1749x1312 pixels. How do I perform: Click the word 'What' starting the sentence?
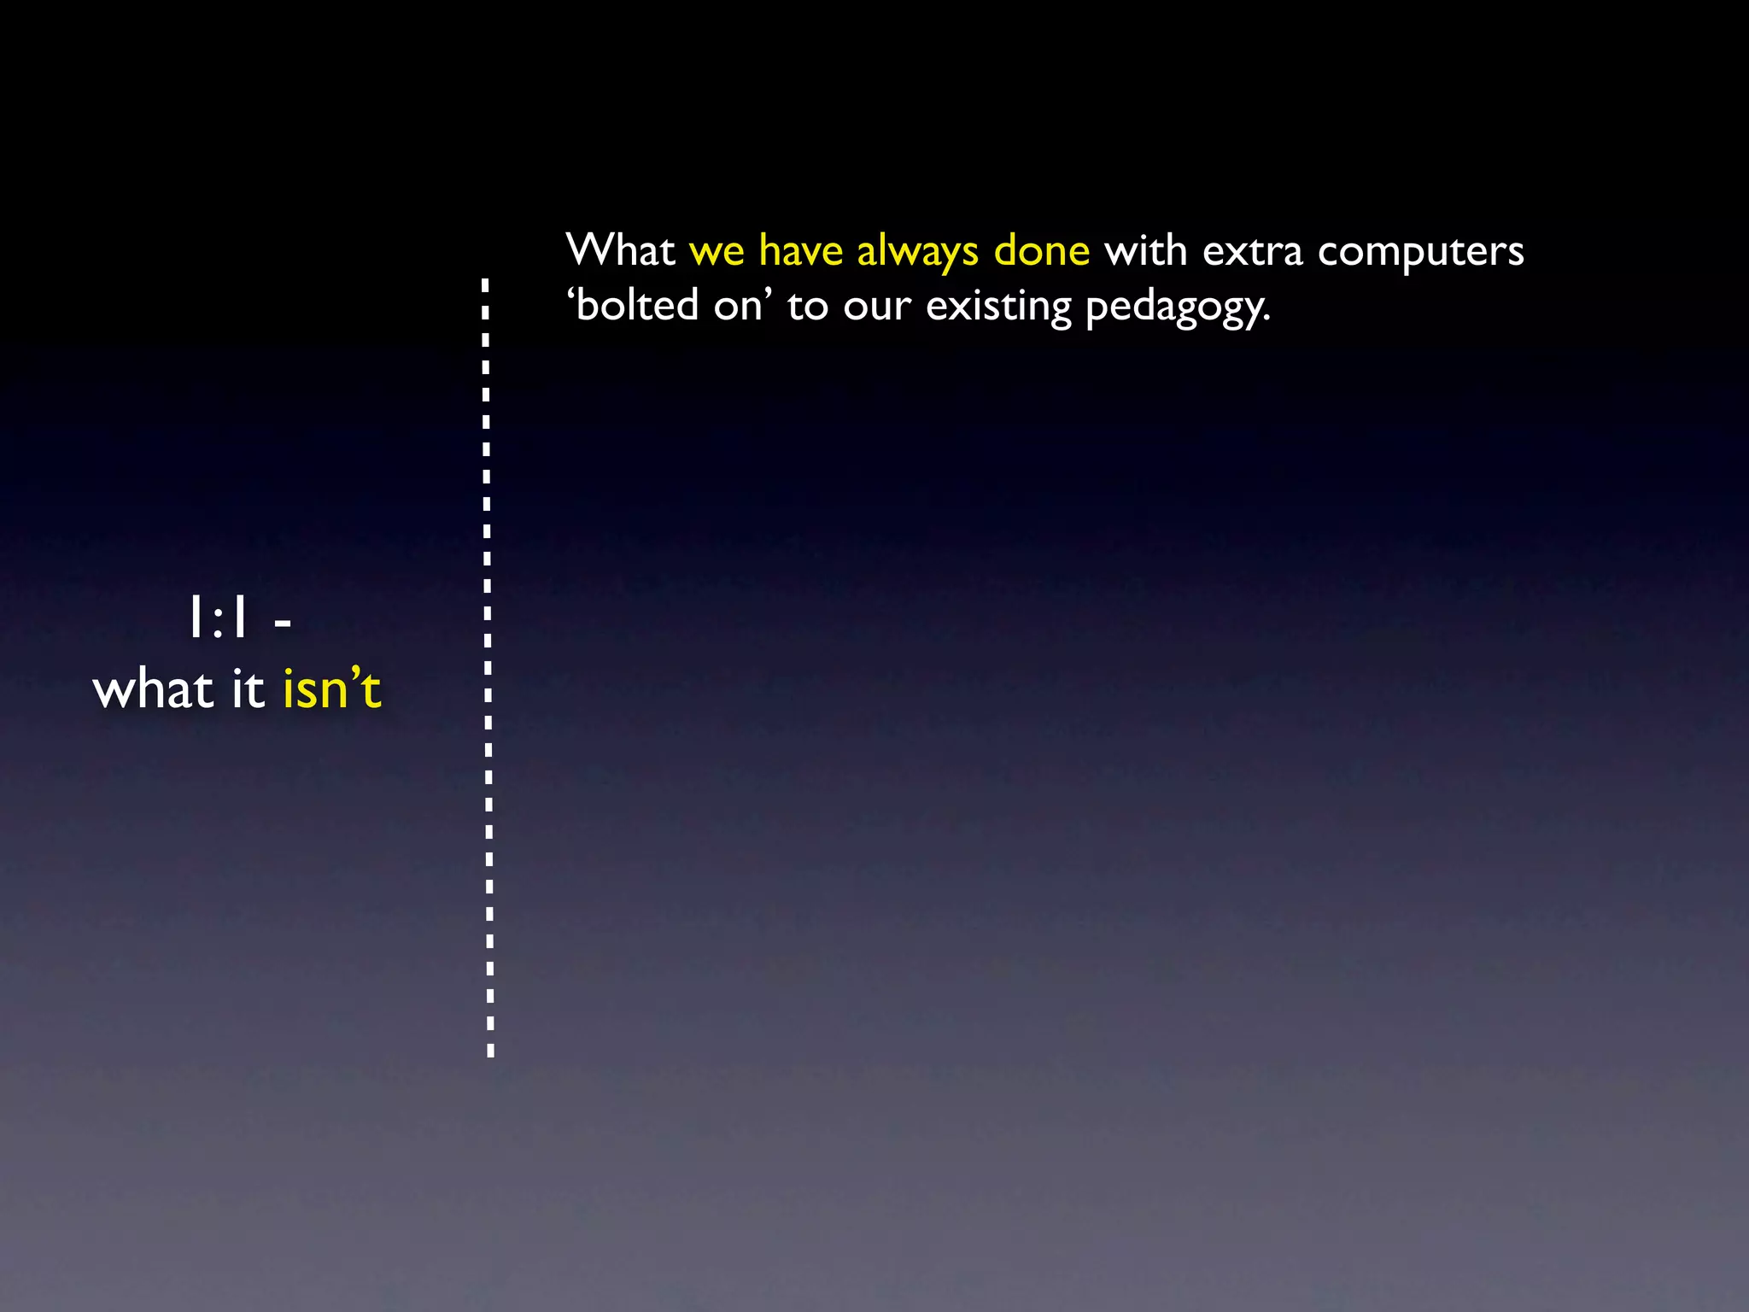[x=620, y=251]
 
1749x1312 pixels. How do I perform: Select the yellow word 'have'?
[x=800, y=251]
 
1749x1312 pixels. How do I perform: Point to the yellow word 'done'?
[x=1041, y=251]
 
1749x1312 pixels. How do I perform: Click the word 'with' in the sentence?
[x=1145, y=251]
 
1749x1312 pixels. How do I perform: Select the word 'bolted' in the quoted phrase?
[x=637, y=306]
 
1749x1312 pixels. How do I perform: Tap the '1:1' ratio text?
[x=218, y=619]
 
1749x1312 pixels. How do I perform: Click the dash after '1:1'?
[x=283, y=624]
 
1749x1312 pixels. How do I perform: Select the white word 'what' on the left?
[x=154, y=689]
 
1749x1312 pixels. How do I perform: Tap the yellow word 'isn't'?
[x=331, y=689]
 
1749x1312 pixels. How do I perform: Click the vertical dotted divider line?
[x=488, y=666]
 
